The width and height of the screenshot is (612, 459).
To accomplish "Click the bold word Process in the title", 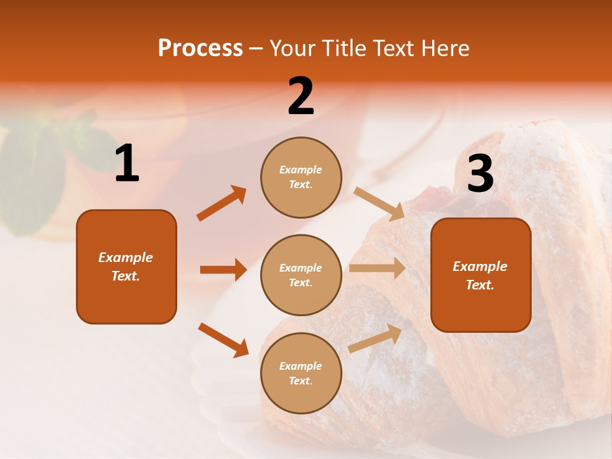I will [200, 48].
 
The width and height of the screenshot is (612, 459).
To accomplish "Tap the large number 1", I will [127, 163].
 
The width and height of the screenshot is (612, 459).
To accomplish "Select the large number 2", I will [301, 96].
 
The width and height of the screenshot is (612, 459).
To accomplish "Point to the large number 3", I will [480, 173].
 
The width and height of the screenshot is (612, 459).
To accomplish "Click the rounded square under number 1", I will [126, 266].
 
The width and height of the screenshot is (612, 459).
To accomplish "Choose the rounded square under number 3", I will [481, 275].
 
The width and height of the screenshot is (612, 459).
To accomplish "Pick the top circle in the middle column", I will [301, 177].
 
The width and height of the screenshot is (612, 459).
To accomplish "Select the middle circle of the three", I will [301, 275].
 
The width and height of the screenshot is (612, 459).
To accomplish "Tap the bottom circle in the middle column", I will [301, 373].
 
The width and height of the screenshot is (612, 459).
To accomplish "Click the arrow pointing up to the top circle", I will [221, 203].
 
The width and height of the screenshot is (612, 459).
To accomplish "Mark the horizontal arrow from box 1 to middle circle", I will [223, 270].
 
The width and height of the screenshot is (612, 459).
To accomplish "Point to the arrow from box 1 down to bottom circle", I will [223, 340].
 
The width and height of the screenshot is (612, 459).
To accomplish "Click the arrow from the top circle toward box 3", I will [379, 203].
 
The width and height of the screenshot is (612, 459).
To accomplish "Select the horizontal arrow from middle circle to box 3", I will [377, 268].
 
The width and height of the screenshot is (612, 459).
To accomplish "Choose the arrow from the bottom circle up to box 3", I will [375, 338].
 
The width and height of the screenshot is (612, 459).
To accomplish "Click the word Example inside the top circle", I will [301, 170].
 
